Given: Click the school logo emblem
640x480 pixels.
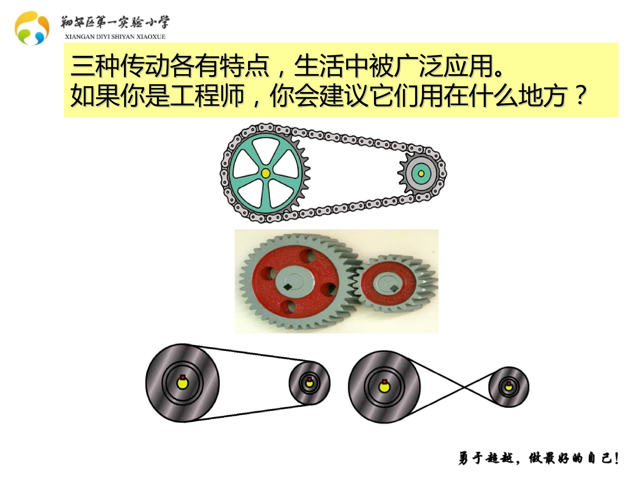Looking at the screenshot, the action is [x=32, y=28].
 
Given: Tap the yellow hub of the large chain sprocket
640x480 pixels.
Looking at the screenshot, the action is [x=265, y=173].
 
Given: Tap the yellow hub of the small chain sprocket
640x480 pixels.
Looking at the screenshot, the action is [x=421, y=173].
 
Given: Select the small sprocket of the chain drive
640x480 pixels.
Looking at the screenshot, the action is [x=421, y=173].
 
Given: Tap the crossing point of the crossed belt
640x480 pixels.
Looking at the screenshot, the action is [x=464, y=387].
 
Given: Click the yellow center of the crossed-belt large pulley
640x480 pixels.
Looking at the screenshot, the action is [x=384, y=387].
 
